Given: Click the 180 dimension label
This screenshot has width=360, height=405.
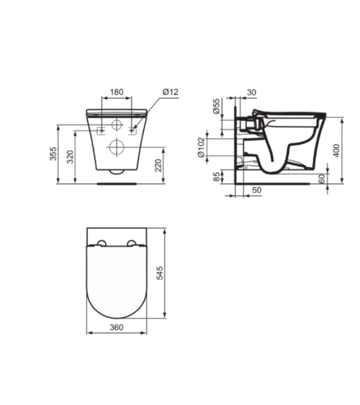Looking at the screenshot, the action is click(117, 92).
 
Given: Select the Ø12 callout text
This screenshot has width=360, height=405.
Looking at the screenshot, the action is click(171, 92).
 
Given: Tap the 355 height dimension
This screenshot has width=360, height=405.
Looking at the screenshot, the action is click(53, 154).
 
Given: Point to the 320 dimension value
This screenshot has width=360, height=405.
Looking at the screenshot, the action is click(71, 157).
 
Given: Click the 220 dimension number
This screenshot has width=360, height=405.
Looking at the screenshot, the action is click(158, 165).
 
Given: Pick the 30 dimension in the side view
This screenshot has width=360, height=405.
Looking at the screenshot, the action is click(251, 93).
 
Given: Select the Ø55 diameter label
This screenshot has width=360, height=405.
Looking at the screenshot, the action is click(216, 106).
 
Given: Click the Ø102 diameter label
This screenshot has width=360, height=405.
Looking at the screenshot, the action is click(201, 147).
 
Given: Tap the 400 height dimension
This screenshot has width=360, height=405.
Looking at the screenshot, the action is click(336, 150).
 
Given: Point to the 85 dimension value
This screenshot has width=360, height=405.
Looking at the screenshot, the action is click(217, 176).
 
